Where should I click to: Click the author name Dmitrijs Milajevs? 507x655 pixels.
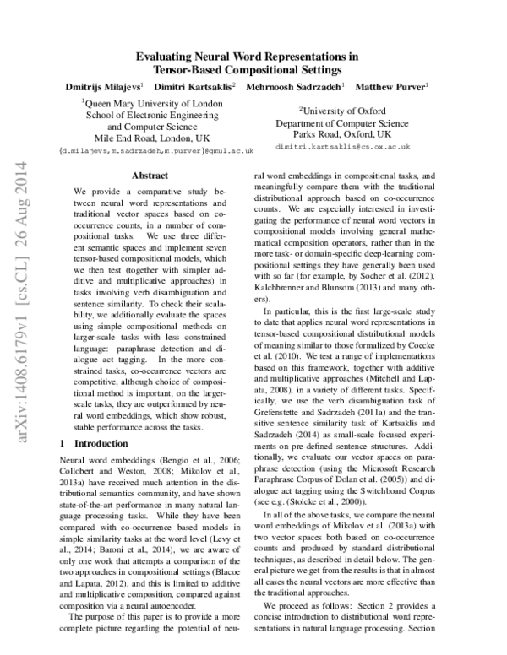(103, 87)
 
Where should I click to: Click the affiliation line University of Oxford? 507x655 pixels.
(342, 110)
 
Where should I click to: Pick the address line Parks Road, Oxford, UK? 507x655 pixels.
(342, 133)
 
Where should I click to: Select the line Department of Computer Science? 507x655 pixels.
(342, 122)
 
